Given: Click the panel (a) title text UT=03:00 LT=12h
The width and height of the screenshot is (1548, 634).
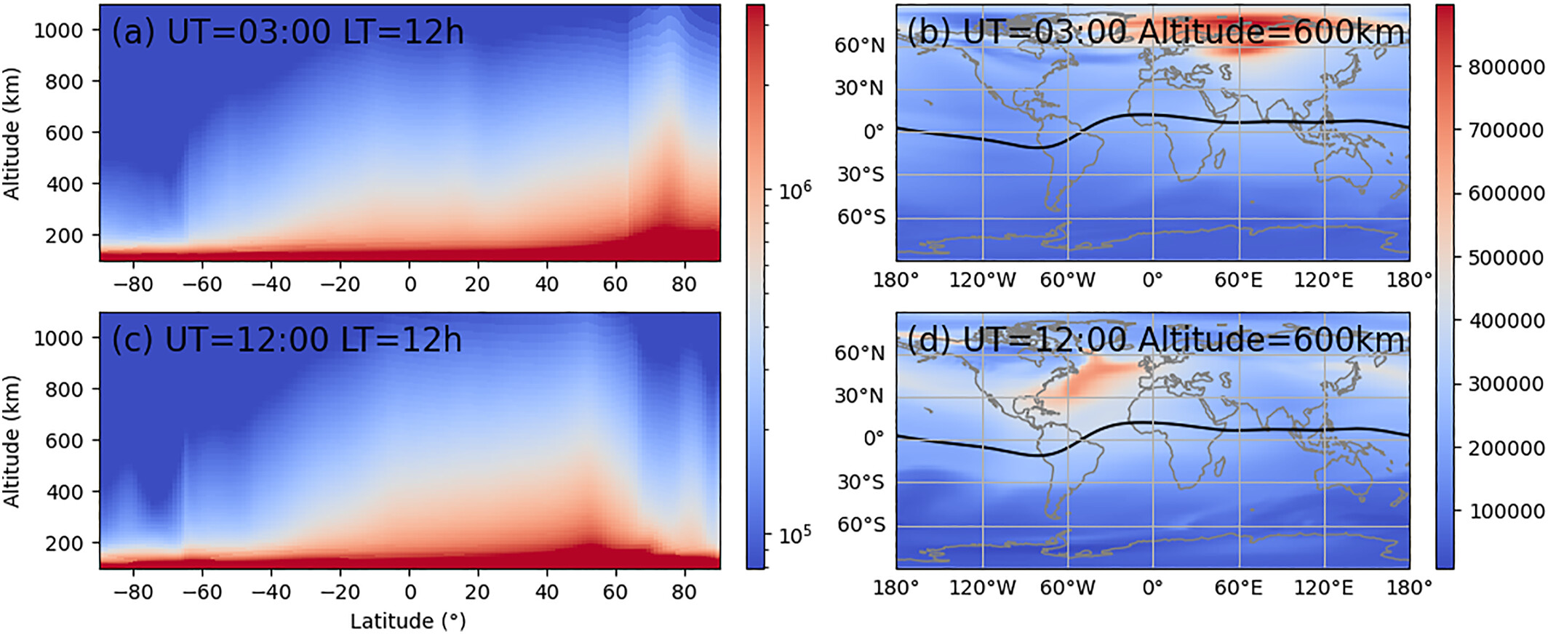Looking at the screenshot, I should tap(287, 33).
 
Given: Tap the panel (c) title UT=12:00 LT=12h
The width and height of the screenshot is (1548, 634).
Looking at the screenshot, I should tap(287, 340).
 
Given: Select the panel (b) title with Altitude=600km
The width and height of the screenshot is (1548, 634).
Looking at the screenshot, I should tap(1155, 33).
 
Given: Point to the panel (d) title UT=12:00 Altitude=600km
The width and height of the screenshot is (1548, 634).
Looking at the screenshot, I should tap(1155, 340).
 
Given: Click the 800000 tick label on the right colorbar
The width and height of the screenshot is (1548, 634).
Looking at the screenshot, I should tap(1505, 68).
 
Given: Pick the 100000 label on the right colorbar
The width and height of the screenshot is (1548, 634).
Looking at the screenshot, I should tap(1505, 512).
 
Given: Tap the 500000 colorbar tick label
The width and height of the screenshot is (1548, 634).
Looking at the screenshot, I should tap(1505, 258).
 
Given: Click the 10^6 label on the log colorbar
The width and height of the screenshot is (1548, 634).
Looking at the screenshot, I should tap(794, 190).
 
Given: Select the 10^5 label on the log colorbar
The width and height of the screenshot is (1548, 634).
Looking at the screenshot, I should tap(794, 536).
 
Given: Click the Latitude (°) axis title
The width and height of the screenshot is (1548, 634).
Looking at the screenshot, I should tap(408, 622).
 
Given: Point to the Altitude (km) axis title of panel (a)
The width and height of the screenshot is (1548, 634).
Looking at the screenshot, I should tap(12, 134).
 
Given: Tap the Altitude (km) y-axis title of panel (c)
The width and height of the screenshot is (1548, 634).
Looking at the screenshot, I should tap(12, 441).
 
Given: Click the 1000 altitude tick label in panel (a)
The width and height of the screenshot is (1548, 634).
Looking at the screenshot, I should tap(58, 31).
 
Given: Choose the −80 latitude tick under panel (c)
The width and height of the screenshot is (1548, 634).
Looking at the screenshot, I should tap(133, 593).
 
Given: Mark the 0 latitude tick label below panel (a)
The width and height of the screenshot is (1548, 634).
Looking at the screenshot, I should tap(410, 284).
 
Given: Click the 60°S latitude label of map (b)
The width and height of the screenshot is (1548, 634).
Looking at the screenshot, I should tap(861, 217).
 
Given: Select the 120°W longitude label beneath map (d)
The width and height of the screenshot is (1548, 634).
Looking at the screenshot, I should tap(982, 587).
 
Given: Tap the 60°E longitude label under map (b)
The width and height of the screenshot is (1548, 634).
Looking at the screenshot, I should tap(1239, 280).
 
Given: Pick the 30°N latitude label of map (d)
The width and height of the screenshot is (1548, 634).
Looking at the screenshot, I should tap(859, 396).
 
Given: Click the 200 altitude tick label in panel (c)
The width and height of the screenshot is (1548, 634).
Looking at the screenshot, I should tap(65, 544).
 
